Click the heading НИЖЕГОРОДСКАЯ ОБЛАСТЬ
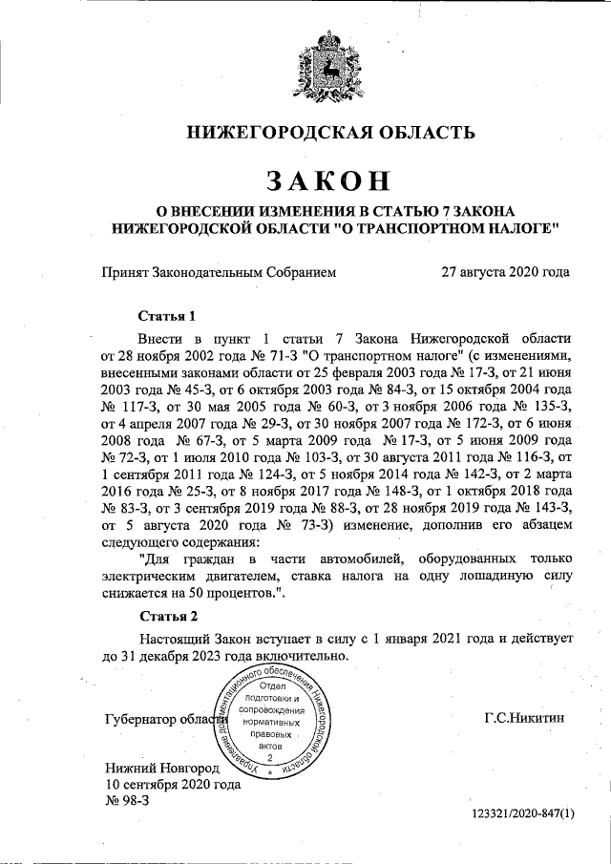coord(327,133)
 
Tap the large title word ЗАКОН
coord(327,179)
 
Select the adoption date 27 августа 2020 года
coord(505,272)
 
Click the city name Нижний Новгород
coord(162,767)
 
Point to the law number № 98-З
coord(126,800)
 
